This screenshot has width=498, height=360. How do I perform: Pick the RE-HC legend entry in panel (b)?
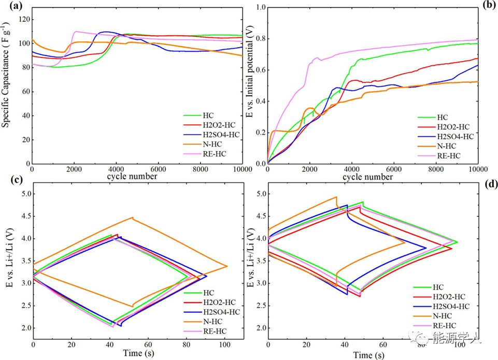(x=447, y=155)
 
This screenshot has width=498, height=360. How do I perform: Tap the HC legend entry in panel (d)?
(x=438, y=286)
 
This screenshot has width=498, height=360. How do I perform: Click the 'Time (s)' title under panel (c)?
(x=137, y=354)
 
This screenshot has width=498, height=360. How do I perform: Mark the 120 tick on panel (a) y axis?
(x=22, y=19)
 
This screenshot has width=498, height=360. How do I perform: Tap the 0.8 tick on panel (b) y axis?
(x=258, y=39)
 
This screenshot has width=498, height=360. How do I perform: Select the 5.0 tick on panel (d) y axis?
(x=258, y=194)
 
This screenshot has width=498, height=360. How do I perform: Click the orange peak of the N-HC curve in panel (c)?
(x=133, y=218)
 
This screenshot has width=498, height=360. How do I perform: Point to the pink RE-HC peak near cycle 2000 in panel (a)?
(x=76, y=32)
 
